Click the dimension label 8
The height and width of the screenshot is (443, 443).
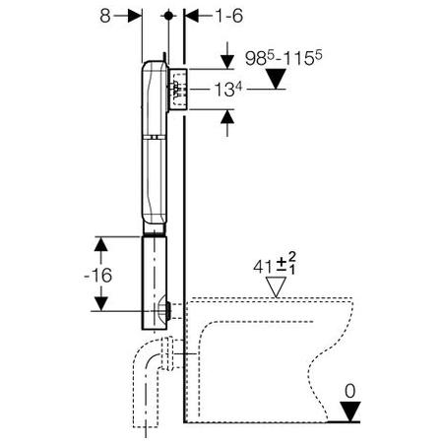pyautogui.click(x=105, y=16)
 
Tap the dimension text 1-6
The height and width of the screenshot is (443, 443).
pyautogui.click(x=229, y=16)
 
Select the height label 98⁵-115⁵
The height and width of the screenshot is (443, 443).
pyautogui.click(x=284, y=58)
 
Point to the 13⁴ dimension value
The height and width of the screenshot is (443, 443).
pyautogui.click(x=227, y=90)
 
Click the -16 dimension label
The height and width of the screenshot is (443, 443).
pyautogui.click(x=98, y=275)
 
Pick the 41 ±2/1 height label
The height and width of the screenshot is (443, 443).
pyautogui.click(x=275, y=263)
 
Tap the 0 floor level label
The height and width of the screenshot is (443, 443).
pyautogui.click(x=350, y=391)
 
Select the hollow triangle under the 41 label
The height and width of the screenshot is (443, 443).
pyautogui.click(x=276, y=286)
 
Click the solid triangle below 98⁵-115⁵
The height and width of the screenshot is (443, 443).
pyautogui.click(x=276, y=79)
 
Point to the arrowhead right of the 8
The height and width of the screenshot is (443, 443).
pyautogui.click(x=135, y=16)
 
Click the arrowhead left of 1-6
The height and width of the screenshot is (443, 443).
pyautogui.click(x=192, y=16)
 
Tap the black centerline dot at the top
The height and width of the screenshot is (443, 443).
pyautogui.click(x=168, y=16)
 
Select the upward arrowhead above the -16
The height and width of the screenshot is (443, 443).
pyautogui.click(x=101, y=244)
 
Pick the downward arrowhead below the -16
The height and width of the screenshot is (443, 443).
pyautogui.click(x=101, y=303)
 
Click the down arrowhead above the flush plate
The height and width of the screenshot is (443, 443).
pyautogui.click(x=227, y=62)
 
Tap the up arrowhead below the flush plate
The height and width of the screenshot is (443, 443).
pyautogui.click(x=227, y=116)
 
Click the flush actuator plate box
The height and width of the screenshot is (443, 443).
pyautogui.click(x=178, y=89)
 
